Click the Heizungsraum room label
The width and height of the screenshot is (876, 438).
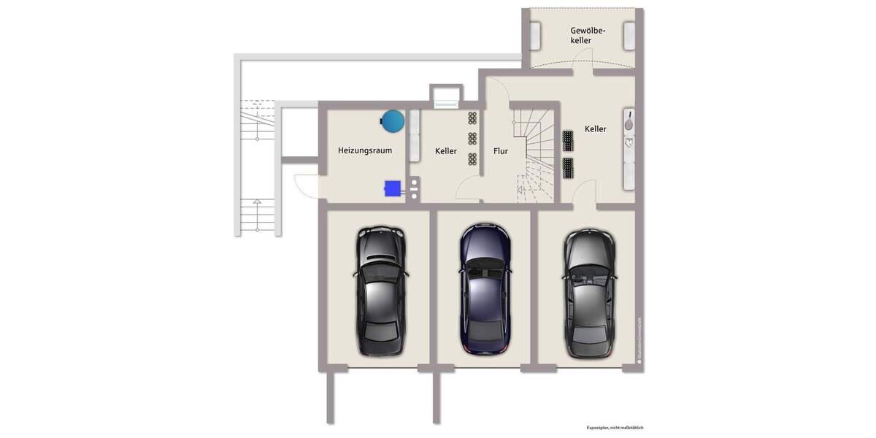[x=365, y=151]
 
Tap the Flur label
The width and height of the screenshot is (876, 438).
[x=500, y=151]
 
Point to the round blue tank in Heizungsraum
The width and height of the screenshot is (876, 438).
[x=393, y=120]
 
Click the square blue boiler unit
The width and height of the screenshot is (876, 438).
[x=393, y=188]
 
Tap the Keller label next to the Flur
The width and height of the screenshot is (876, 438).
[x=445, y=151]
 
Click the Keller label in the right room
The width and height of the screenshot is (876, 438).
[x=595, y=129]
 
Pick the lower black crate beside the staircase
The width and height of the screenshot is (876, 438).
[x=569, y=168]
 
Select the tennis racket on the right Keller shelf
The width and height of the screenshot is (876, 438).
[x=628, y=120]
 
